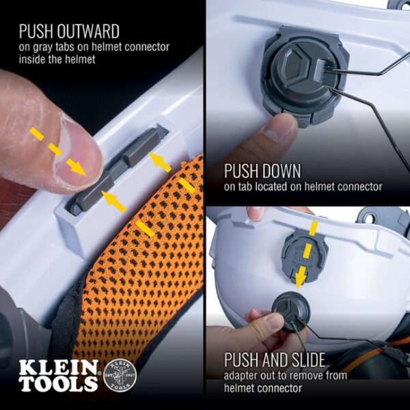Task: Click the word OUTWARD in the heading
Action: pos(87,31)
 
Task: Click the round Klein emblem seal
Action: pos(120,374)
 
